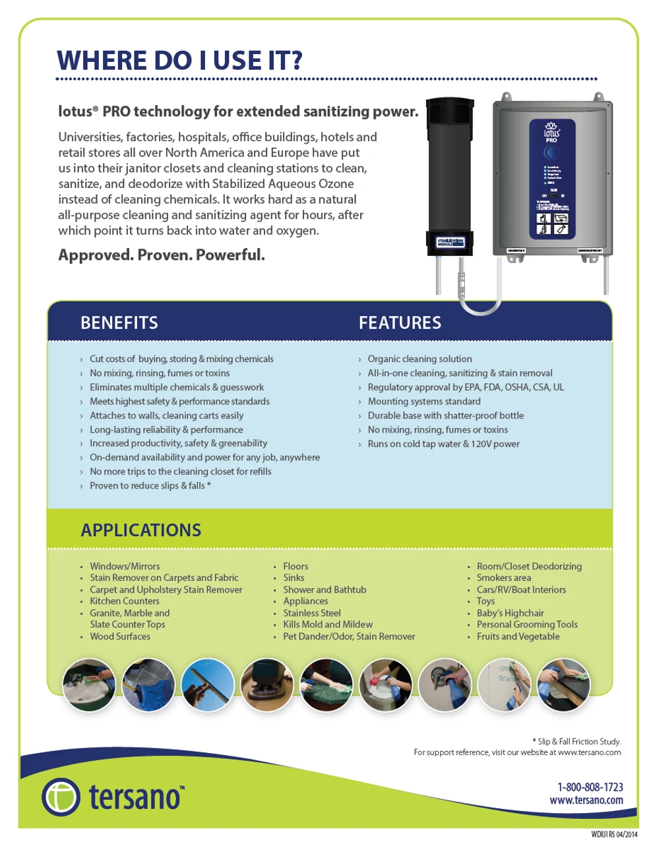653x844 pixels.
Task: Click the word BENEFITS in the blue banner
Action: tap(119, 322)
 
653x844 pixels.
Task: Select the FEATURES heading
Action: tap(400, 322)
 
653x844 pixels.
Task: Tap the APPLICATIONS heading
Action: tap(140, 530)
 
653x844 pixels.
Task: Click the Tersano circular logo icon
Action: tap(61, 797)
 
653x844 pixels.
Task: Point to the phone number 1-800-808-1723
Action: tap(590, 787)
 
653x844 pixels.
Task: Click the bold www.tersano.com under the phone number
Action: tap(586, 800)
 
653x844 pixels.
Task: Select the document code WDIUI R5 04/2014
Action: tap(614, 834)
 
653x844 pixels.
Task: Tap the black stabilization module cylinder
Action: tap(449, 178)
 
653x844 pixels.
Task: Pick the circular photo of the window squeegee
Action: tap(208, 685)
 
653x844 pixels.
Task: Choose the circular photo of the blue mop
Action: tap(148, 685)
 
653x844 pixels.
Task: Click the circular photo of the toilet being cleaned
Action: tap(386, 685)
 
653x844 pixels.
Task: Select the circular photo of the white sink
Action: tap(89, 685)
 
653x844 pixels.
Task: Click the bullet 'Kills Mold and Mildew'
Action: tap(328, 624)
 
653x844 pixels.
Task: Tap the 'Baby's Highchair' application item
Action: tap(510, 613)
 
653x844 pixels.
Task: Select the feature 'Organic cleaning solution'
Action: tap(420, 359)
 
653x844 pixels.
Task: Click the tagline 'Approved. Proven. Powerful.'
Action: tap(162, 255)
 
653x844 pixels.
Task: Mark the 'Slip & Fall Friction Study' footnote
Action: tap(579, 741)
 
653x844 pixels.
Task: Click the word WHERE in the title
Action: tap(102, 61)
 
